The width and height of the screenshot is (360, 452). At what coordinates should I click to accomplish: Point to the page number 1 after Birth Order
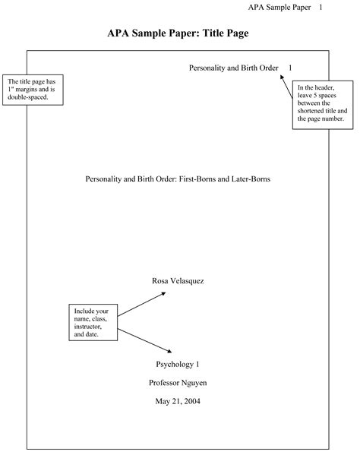click(289, 68)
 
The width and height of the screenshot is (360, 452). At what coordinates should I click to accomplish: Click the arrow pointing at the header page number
click(287, 87)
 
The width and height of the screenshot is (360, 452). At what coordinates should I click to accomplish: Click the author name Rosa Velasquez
click(178, 280)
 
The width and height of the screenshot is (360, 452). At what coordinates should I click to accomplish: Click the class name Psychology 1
click(178, 364)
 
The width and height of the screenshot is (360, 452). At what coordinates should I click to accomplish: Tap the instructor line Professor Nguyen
click(178, 382)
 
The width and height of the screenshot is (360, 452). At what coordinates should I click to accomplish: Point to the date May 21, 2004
click(178, 401)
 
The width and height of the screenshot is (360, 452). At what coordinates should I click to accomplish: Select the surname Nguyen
click(194, 382)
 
